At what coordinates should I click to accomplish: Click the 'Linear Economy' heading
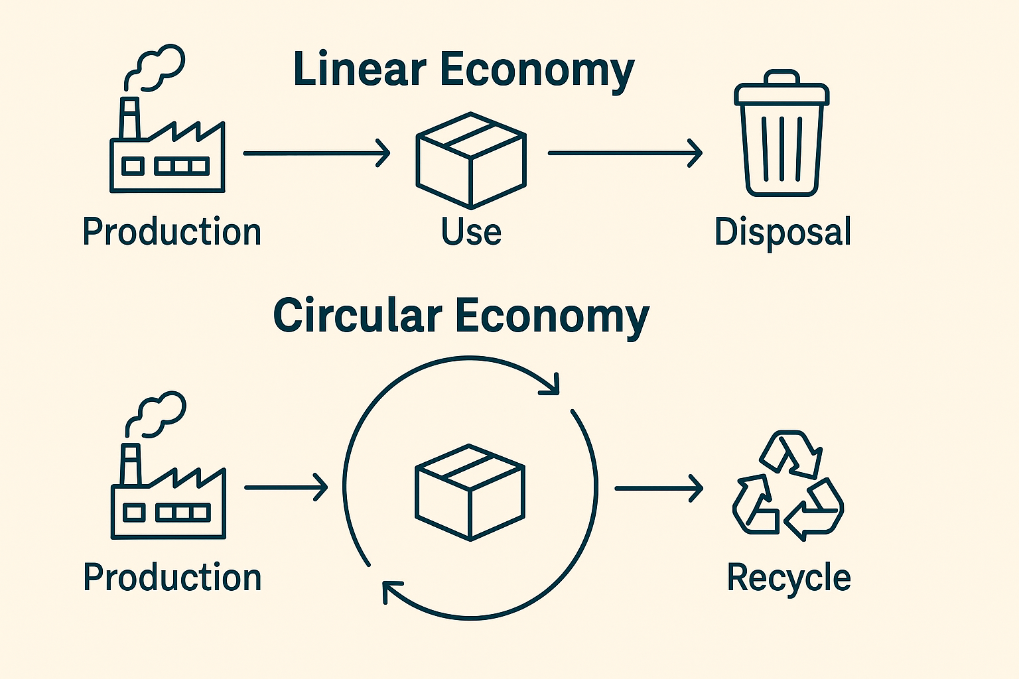click(463, 70)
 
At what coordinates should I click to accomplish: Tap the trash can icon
click(781, 143)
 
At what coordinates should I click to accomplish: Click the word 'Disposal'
click(783, 232)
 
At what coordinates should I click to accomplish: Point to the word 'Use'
click(471, 232)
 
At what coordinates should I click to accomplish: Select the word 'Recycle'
click(788, 578)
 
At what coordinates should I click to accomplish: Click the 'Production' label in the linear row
click(172, 232)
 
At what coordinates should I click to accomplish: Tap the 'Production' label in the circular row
click(172, 578)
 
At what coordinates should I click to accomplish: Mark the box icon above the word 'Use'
click(471, 160)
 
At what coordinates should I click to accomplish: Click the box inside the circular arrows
click(470, 492)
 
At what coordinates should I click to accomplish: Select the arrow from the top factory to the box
click(316, 153)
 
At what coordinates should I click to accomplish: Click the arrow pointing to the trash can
click(624, 153)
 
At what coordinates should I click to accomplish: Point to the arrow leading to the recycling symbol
click(658, 488)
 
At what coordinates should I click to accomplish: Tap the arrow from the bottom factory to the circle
click(286, 487)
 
